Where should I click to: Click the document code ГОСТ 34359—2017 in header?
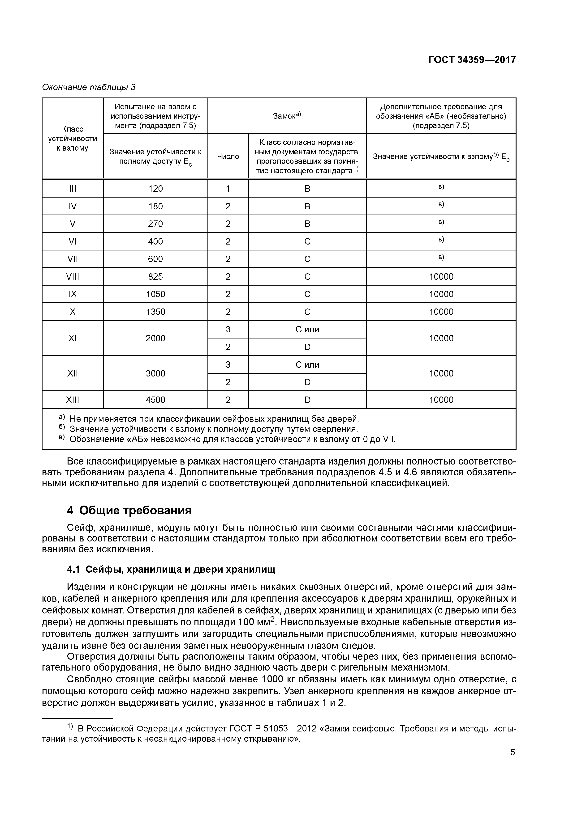(472, 60)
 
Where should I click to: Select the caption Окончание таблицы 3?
(89, 87)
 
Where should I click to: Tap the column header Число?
(228, 156)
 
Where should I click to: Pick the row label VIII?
(73, 277)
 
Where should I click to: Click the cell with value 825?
(155, 277)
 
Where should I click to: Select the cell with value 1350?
(155, 312)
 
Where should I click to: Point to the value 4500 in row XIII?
(155, 400)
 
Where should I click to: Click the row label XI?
(73, 338)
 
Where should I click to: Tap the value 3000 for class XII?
(155, 373)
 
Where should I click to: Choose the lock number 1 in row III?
(228, 189)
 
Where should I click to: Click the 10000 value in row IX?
(441, 294)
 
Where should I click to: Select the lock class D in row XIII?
(307, 400)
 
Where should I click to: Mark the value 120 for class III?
(155, 189)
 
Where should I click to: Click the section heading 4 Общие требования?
(129, 511)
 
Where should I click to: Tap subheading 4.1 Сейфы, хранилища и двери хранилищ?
(171, 570)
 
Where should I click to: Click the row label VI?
(73, 241)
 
